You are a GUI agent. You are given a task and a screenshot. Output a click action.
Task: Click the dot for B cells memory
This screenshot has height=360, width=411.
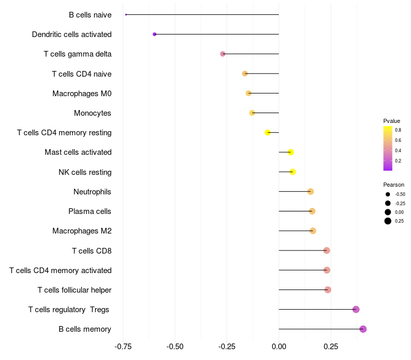(363, 329)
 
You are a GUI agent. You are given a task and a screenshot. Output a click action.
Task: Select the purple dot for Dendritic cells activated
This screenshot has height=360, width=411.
(155, 34)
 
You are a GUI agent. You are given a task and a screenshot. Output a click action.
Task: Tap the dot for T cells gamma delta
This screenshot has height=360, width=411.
(222, 54)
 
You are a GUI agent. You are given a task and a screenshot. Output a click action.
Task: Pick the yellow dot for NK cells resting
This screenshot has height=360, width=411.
(293, 172)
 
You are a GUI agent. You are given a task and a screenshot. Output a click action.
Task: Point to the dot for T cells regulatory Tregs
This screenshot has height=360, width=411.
(356, 310)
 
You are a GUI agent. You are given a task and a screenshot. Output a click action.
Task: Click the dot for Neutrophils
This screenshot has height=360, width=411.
(310, 192)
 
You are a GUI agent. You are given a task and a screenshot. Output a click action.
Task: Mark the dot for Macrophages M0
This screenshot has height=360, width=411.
(249, 93)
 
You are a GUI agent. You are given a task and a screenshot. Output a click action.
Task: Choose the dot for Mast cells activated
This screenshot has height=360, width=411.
(291, 152)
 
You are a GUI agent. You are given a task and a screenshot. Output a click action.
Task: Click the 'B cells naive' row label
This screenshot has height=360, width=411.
(90, 15)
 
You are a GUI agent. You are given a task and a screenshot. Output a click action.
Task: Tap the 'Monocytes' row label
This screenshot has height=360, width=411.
(92, 113)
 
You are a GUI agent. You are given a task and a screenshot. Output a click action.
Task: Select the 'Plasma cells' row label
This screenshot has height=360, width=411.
(90, 211)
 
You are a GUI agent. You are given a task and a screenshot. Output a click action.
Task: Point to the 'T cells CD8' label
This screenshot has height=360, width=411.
(91, 251)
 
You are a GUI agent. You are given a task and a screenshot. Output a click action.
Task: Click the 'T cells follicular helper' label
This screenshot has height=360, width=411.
(74, 290)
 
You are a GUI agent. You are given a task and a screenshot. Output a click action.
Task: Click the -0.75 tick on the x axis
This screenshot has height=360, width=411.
(123, 347)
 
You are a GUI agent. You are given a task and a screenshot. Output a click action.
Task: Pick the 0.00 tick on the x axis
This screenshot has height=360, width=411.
(279, 347)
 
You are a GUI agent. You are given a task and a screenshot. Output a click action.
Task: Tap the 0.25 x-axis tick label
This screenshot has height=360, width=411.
(331, 347)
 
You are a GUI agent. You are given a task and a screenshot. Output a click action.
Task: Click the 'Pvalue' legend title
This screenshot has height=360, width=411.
(391, 121)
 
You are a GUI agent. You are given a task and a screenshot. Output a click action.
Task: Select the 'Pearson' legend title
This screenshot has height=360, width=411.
(394, 185)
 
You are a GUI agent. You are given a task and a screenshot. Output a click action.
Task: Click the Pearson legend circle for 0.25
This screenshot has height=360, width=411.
(388, 221)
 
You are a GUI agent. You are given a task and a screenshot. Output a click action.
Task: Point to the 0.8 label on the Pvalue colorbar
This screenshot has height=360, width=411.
(398, 130)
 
